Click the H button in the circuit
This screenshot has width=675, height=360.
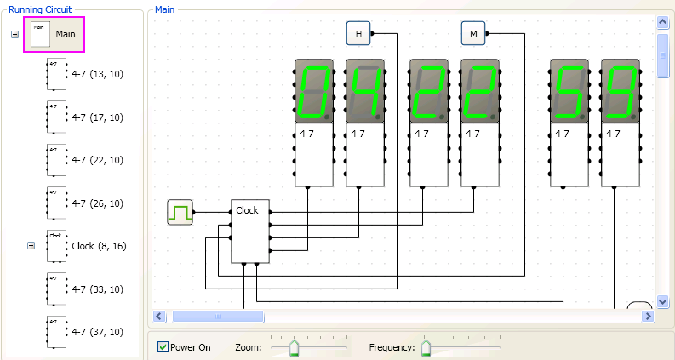pyautogui.click(x=358, y=33)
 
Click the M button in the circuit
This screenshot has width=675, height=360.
pyautogui.click(x=473, y=33)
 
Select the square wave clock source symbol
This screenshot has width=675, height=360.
pyautogui.click(x=180, y=212)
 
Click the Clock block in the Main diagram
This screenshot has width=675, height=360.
pyautogui.click(x=250, y=231)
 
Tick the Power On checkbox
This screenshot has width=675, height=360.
pyautogui.click(x=163, y=346)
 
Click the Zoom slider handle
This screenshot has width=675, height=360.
pyautogui.click(x=294, y=347)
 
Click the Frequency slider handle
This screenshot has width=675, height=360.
pyautogui.click(x=426, y=347)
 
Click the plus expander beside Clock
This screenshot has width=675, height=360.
pyautogui.click(x=31, y=245)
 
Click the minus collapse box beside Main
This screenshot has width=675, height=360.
pyautogui.click(x=14, y=34)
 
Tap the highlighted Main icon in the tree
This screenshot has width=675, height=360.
pyautogui.click(x=41, y=34)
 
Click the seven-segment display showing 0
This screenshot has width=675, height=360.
pyautogui.click(x=314, y=91)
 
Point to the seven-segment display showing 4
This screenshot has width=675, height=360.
pyautogui.click(x=365, y=91)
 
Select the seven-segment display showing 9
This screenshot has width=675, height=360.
pyautogui.click(x=621, y=91)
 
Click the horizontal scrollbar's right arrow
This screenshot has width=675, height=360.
pyautogui.click(x=648, y=317)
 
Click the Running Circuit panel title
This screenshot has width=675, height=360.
pyautogui.click(x=40, y=9)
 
